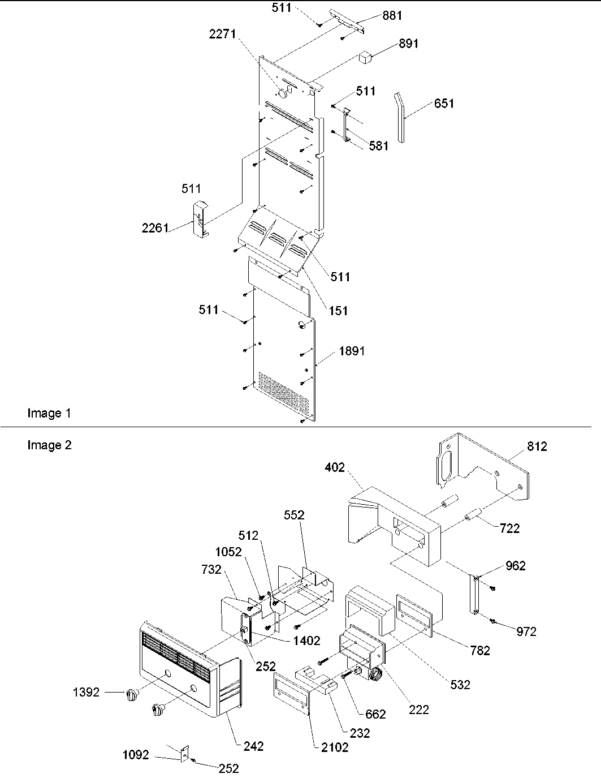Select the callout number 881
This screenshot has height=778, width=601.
coord(392,16)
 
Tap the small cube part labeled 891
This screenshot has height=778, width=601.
coord(365,57)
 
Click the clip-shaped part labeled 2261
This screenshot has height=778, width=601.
coord(200,218)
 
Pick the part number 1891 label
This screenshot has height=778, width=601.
coord(352,351)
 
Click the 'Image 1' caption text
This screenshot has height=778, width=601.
coord(50,414)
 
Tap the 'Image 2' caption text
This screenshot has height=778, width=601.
coord(50,445)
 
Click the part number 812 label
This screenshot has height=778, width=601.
coord(537,446)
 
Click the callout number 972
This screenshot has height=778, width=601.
coord(526,631)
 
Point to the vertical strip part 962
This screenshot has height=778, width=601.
coord(474,594)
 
